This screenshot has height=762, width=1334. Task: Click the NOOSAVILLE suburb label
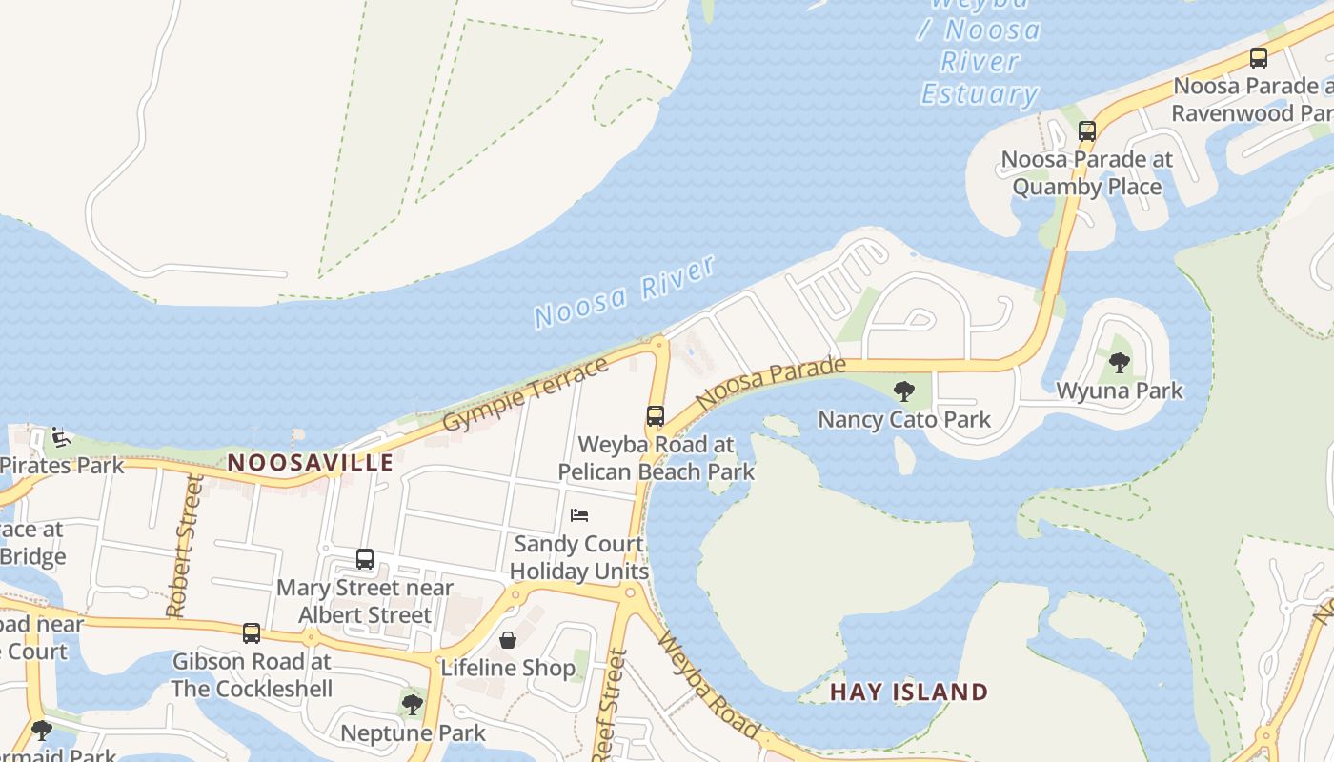tap(310, 463)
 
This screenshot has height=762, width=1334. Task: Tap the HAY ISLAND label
tap(908, 692)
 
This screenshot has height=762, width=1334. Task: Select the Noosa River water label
tap(625, 292)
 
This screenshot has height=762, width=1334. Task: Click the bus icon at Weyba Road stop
tap(656, 416)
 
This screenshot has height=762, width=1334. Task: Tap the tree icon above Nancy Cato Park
tap(903, 391)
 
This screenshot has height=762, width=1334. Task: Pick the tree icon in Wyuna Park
tap(1120, 362)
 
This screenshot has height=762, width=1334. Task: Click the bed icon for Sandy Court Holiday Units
tap(579, 515)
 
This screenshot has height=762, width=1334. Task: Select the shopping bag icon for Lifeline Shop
tap(508, 639)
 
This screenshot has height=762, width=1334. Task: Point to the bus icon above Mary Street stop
tap(365, 559)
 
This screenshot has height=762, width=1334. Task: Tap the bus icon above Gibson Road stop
tap(252, 632)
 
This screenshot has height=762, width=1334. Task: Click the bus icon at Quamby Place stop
tap(1087, 131)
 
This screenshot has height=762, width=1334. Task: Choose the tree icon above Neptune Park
tap(412, 705)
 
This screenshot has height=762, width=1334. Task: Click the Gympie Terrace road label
tap(525, 393)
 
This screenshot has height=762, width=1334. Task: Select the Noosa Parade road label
tap(770, 383)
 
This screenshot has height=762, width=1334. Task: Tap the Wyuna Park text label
tap(1120, 391)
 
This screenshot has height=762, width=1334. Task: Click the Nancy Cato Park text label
tap(904, 419)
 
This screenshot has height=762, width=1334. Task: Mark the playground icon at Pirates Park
tap(61, 438)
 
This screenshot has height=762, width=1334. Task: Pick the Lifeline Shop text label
tap(508, 668)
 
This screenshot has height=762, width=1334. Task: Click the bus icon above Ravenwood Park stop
tap(1259, 58)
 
